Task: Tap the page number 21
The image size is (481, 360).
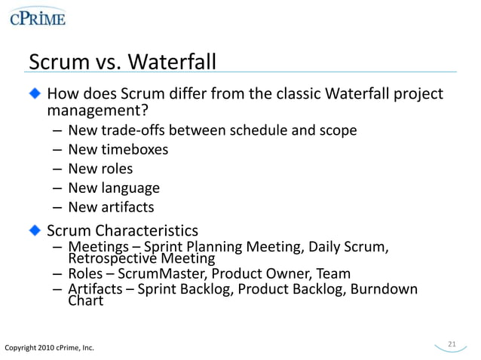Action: click(x=452, y=344)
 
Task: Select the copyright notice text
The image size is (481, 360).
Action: click(x=50, y=347)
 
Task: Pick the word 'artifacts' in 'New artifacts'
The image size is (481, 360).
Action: click(x=128, y=206)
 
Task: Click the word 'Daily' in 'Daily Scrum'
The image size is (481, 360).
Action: click(x=326, y=247)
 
